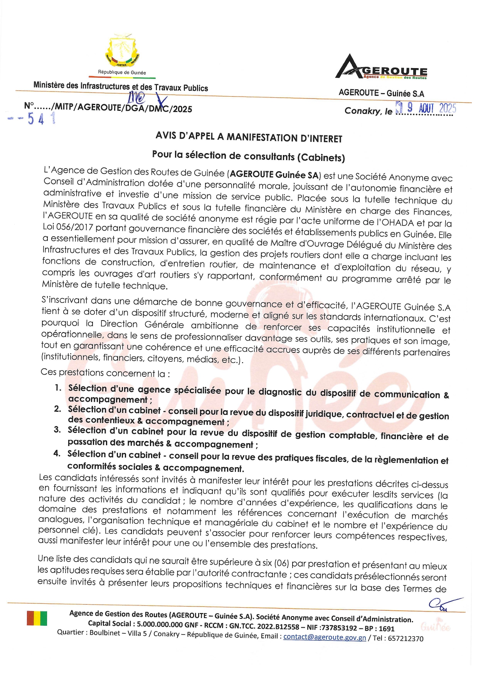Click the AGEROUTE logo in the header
click(x=381, y=67)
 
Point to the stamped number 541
click(x=37, y=119)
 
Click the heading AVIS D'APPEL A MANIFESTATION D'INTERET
click(x=249, y=137)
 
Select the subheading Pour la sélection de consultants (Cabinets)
click(x=248, y=156)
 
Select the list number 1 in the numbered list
click(x=58, y=387)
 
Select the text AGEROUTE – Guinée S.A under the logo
click(x=381, y=93)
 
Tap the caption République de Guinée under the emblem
click(x=122, y=72)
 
